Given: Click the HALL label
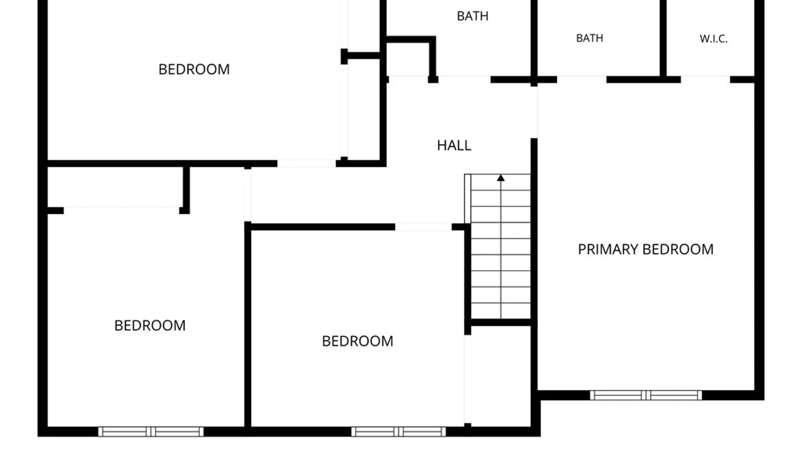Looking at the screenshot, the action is pyautogui.click(x=454, y=145).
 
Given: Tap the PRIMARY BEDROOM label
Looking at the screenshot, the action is pyautogui.click(x=645, y=249).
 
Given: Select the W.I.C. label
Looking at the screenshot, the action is pyautogui.click(x=713, y=39).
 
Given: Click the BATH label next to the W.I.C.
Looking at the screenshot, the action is pyautogui.click(x=589, y=38).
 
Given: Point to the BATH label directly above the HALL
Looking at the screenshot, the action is pyautogui.click(x=472, y=16).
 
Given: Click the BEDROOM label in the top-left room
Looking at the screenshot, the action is pyautogui.click(x=194, y=69).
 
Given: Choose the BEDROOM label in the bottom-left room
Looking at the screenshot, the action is pyautogui.click(x=150, y=326).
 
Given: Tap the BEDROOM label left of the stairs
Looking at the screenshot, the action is pyautogui.click(x=358, y=341).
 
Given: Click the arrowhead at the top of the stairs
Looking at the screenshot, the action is pyautogui.click(x=501, y=178).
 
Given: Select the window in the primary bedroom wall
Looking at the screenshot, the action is pyautogui.click(x=646, y=395).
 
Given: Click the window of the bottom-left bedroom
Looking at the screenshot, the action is pyautogui.click(x=151, y=432).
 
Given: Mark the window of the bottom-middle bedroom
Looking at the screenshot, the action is pyautogui.click(x=398, y=432).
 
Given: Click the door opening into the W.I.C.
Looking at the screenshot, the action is pyautogui.click(x=705, y=80).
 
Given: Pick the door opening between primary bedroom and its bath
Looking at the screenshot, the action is pyautogui.click(x=582, y=80).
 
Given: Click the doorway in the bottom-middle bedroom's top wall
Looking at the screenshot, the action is pyautogui.click(x=423, y=227).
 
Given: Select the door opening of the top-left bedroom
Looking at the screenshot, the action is pyautogui.click(x=307, y=164).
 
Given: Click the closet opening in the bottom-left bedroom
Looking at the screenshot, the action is pyautogui.click(x=121, y=210).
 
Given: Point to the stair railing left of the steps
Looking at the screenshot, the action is pyautogui.click(x=467, y=199).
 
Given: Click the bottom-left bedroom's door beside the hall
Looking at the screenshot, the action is pyautogui.click(x=248, y=195).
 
